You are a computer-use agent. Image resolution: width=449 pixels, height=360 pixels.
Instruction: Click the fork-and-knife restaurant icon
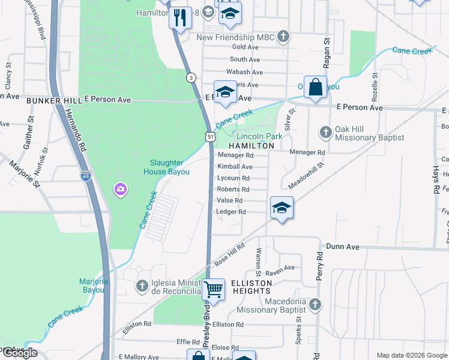[x=179, y=17]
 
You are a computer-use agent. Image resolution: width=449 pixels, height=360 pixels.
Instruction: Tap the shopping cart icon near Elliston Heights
[x=213, y=290]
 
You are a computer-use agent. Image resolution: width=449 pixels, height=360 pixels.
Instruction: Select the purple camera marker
[x=121, y=190]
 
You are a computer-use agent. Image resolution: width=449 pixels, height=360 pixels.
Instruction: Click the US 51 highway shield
[x=209, y=137]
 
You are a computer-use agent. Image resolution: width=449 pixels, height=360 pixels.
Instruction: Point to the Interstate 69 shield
[x=85, y=176]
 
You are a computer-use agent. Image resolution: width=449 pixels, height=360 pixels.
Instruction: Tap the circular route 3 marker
[x=191, y=77]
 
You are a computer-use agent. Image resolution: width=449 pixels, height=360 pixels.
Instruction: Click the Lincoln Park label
[x=259, y=137]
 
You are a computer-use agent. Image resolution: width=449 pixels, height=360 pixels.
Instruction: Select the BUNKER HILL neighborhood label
[x=54, y=101]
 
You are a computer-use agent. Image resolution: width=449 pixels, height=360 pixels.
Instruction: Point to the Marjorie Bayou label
[x=91, y=286]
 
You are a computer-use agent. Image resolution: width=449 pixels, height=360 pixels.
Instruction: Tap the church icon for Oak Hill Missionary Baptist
[x=325, y=131]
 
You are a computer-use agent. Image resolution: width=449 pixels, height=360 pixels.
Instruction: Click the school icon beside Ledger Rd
[x=281, y=208]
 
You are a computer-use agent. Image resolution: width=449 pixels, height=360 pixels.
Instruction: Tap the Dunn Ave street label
[x=342, y=247]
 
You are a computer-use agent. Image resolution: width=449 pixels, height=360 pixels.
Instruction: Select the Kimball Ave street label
[x=235, y=167]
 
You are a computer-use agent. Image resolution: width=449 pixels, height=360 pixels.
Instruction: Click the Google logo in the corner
[x=19, y=353]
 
